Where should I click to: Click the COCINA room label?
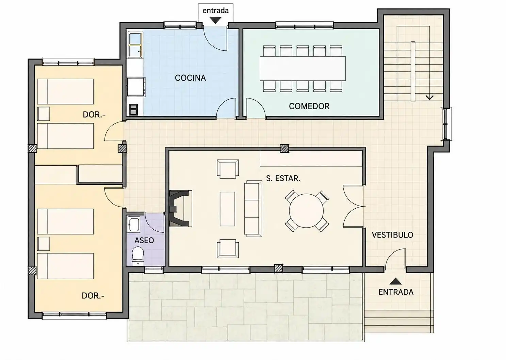190,78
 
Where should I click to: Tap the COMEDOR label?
309,106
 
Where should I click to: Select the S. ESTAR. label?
283,178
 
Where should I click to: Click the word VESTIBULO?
392,235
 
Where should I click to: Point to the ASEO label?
144,240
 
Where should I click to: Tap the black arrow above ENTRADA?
395,281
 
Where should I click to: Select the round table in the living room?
306,211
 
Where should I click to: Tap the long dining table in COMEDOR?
303,68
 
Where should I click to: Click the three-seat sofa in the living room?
253,209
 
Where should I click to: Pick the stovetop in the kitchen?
133,109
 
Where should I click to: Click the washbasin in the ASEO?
134,224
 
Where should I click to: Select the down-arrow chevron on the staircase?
429,97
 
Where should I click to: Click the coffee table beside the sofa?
227,209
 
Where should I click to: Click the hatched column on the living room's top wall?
284,148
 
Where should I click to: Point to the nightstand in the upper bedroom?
43,114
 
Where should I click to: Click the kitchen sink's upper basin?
135,38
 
